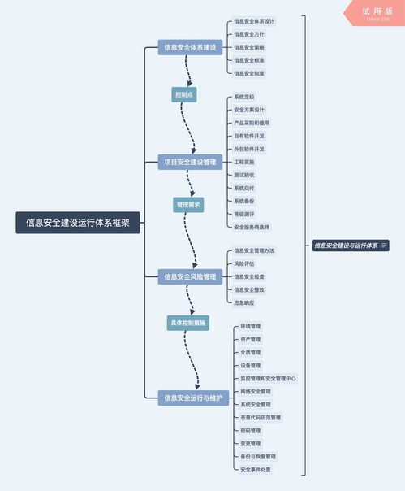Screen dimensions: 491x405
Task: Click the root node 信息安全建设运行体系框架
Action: pyautogui.click(x=78, y=223)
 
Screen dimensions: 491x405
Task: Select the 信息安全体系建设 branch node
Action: pyautogui.click(x=190, y=47)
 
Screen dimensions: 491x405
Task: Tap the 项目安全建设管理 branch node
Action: pyautogui.click(x=190, y=162)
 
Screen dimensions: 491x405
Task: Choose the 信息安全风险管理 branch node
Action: pyautogui.click(x=190, y=276)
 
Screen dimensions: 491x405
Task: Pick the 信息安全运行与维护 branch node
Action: pyautogui.click(x=192, y=398)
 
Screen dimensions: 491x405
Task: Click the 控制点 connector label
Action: pyautogui.click(x=184, y=95)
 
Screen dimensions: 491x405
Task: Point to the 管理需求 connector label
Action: pyautogui.click(x=187, y=205)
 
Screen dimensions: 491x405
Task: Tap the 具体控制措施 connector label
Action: pyautogui.click(x=188, y=324)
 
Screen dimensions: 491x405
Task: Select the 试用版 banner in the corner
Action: pyautogui.click(x=376, y=11)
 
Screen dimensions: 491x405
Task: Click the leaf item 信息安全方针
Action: pyautogui.click(x=248, y=34)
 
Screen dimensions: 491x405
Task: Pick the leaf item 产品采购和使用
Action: pyautogui.click(x=251, y=123)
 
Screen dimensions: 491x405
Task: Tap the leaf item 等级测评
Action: pyautogui.click(x=243, y=214)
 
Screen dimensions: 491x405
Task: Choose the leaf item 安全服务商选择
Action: pyautogui.click(x=252, y=227)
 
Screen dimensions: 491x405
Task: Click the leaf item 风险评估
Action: pyautogui.click(x=243, y=263)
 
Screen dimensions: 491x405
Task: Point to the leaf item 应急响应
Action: pyautogui.click(x=243, y=302)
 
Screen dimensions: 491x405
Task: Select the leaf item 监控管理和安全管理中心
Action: pyautogui.click(x=268, y=378)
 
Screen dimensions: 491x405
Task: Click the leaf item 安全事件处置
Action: pyautogui.click(x=256, y=469)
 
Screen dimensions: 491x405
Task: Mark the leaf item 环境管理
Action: pyautogui.click(x=251, y=326)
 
